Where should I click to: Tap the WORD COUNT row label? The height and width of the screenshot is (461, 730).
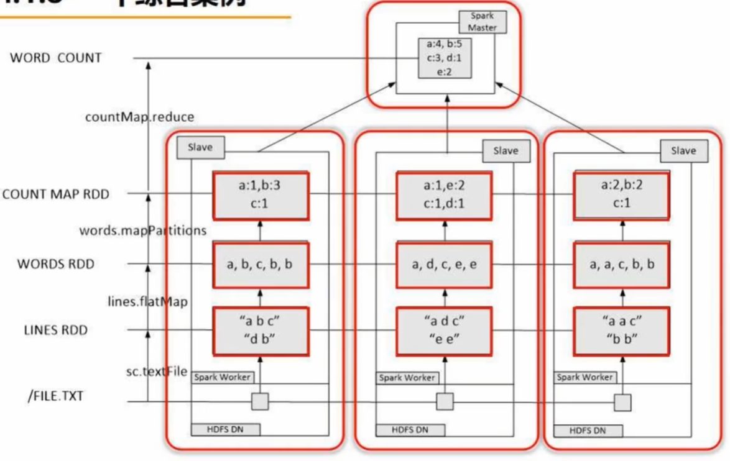pyautogui.click(x=55, y=58)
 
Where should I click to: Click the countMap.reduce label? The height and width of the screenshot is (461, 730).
pyautogui.click(x=141, y=116)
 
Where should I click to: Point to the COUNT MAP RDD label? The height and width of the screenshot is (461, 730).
pyautogui.click(x=56, y=194)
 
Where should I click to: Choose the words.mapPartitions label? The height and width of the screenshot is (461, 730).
pyautogui.click(x=143, y=230)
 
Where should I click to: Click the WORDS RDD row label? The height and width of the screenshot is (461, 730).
pyautogui.click(x=56, y=264)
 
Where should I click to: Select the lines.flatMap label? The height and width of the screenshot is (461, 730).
pyautogui.click(x=147, y=301)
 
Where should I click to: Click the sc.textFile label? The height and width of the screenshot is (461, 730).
pyautogui.click(x=157, y=372)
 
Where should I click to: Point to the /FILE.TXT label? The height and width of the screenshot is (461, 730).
pyautogui.click(x=56, y=395)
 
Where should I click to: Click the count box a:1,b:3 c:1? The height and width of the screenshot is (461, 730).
pyautogui.click(x=261, y=195)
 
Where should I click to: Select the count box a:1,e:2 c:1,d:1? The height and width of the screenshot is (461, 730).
pyautogui.click(x=444, y=195)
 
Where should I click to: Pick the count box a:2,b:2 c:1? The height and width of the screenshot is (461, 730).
pyautogui.click(x=622, y=195)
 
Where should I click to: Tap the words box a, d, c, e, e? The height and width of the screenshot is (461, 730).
pyautogui.click(x=444, y=265)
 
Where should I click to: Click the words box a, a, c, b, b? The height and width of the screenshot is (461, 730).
pyautogui.click(x=622, y=265)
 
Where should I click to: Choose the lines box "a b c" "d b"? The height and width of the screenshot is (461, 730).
pyautogui.click(x=261, y=331)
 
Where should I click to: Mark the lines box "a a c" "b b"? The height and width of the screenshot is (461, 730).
pyautogui.click(x=622, y=331)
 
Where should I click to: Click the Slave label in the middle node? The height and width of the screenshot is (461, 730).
pyautogui.click(x=505, y=151)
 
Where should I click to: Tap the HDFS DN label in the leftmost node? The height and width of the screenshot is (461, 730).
pyautogui.click(x=224, y=429)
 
